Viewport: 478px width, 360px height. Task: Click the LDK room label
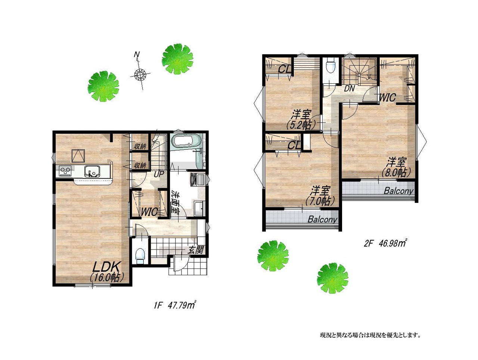pyautogui.click(x=106, y=267)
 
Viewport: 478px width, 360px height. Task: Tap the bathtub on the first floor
pyautogui.click(x=185, y=140)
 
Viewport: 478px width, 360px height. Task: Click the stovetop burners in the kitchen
pyautogui.click(x=65, y=171)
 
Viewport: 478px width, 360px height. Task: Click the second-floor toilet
pyautogui.click(x=330, y=66)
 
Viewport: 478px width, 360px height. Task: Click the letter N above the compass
pyautogui.click(x=137, y=54)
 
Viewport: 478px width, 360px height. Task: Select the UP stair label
pyautogui.click(x=159, y=174)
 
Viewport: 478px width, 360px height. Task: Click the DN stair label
pyautogui.click(x=350, y=89)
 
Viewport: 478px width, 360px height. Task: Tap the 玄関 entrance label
pyautogui.click(x=196, y=250)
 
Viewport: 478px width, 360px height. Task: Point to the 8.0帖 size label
pyautogui.click(x=396, y=173)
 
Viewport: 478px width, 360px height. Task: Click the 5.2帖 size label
pyautogui.click(x=301, y=125)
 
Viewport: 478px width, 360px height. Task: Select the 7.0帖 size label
pyautogui.click(x=320, y=201)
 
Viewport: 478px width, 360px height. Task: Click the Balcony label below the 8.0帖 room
pyautogui.click(x=398, y=191)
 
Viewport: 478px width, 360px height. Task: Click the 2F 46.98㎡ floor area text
pyautogui.click(x=385, y=243)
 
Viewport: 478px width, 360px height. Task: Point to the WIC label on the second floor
pyautogui.click(x=387, y=97)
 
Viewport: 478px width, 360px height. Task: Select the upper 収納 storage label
pyautogui.click(x=140, y=146)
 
